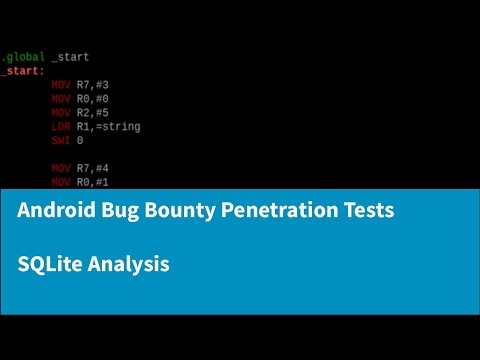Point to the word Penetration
point(276,211)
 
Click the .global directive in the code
point(22,57)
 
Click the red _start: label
point(22,71)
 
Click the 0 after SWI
point(80,141)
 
